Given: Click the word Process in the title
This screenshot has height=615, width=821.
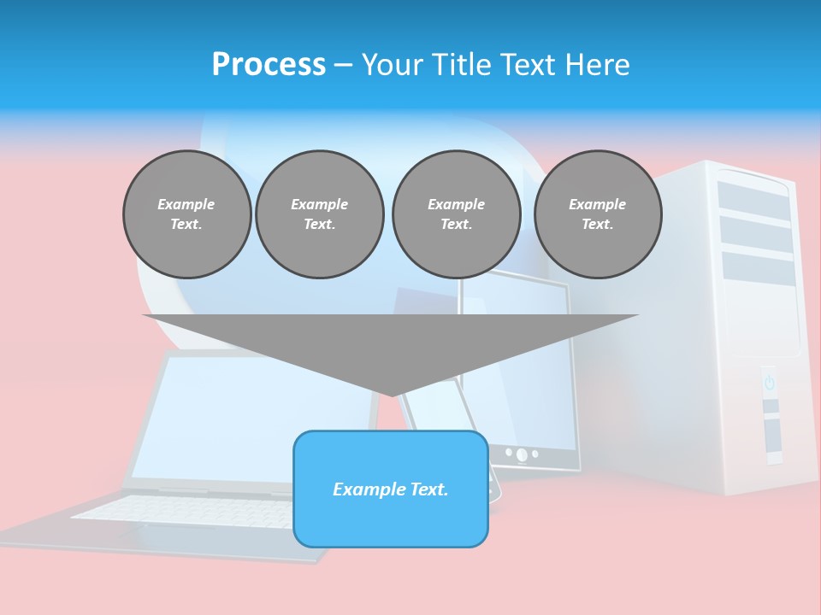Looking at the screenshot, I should click(269, 65).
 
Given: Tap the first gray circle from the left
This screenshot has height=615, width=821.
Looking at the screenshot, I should click(186, 214).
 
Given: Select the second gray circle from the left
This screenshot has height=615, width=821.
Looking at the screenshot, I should click(319, 214).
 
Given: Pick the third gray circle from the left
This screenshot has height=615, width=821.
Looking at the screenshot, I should click(456, 214).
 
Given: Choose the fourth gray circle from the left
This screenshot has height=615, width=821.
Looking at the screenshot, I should click(597, 214).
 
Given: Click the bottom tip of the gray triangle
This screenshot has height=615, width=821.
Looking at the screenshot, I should click(392, 394).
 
